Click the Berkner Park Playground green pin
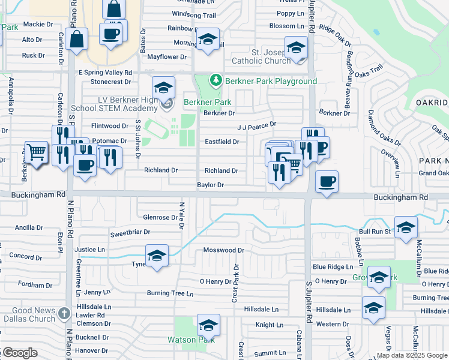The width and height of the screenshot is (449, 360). point(215,80)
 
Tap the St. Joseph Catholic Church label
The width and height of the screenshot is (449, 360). point(262,56)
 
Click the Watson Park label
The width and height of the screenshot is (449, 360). point(190,340)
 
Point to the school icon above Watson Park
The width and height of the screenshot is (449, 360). point(208,325)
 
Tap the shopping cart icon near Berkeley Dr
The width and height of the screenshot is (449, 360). point(36,153)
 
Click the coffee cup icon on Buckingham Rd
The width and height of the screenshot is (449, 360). point(326,182)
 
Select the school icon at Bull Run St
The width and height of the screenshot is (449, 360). point(406,229)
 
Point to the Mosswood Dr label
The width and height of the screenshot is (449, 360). point(224,250)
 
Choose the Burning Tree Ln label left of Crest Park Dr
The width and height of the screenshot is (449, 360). point(170,293)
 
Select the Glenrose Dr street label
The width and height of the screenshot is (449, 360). point(157,217)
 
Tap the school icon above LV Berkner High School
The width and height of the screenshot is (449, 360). point(163,88)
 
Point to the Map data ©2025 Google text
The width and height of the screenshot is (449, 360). point(411,355)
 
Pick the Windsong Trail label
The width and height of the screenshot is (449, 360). point(193,15)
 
